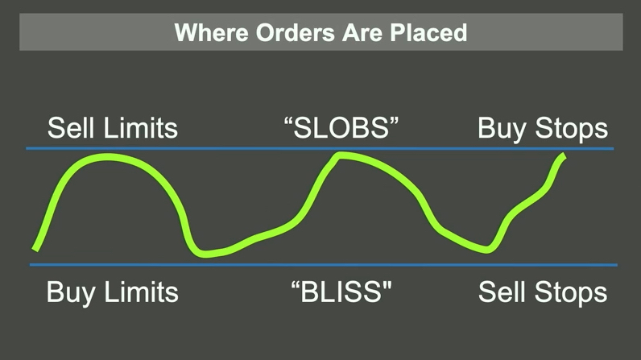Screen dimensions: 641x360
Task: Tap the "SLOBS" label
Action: (x=341, y=128)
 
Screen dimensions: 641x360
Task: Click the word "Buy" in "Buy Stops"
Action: (x=500, y=129)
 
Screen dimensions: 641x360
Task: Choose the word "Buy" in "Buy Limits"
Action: (x=69, y=291)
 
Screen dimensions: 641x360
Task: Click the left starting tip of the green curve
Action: (x=35, y=246)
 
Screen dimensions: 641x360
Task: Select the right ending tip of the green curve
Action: (x=563, y=156)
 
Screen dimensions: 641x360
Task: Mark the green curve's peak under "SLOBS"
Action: (x=341, y=156)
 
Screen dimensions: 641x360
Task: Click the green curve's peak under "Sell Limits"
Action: (x=109, y=157)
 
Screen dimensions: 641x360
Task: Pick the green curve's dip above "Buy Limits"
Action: (x=205, y=253)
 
